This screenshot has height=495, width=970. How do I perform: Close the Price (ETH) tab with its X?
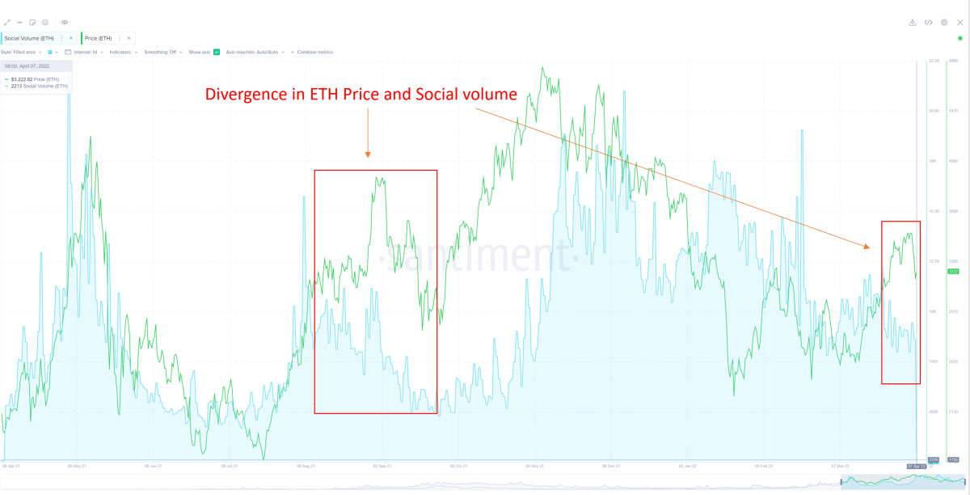pyautogui.click(x=128, y=38)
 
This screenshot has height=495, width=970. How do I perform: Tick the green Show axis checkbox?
pyautogui.click(x=217, y=52)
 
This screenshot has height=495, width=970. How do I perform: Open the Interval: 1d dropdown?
pyautogui.click(x=84, y=52)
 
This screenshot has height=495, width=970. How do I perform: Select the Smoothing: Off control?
pyautogui.click(x=162, y=52)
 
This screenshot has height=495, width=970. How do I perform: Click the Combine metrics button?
pyautogui.click(x=314, y=52)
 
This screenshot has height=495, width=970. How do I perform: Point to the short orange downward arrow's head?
pyautogui.click(x=368, y=154)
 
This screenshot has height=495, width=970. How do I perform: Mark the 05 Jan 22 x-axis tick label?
pyautogui.click(x=688, y=466)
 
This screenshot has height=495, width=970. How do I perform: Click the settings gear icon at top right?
pyautogui.click(x=943, y=23)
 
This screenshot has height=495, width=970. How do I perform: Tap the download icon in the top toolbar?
pyautogui.click(x=913, y=23)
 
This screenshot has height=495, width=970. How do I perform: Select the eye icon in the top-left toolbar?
pyautogui.click(x=65, y=23)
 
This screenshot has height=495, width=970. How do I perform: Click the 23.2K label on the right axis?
pyautogui.click(x=934, y=61)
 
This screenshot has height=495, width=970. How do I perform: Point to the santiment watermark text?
pyautogui.click(x=477, y=257)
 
